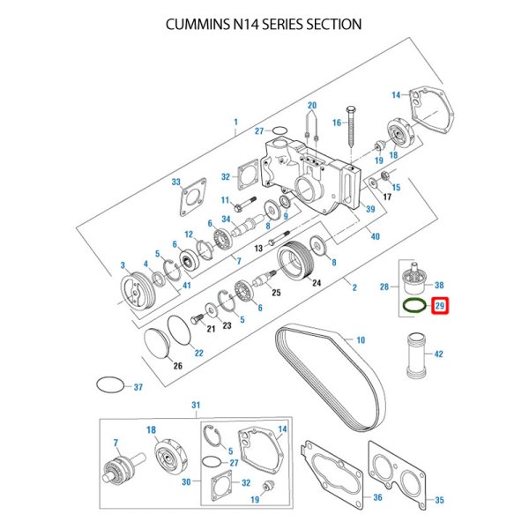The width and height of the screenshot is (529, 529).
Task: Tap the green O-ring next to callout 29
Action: pyautogui.click(x=412, y=306)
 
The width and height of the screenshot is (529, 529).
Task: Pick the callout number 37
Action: pyautogui.click(x=138, y=387)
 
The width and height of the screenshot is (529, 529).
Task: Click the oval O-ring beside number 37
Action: pyautogui.click(x=108, y=386)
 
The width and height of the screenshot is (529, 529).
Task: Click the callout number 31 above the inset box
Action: pyautogui.click(x=196, y=405)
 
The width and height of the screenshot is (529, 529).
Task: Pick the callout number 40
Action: pyautogui.click(x=376, y=236)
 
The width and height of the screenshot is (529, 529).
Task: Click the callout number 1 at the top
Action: pyautogui.click(x=235, y=120)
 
